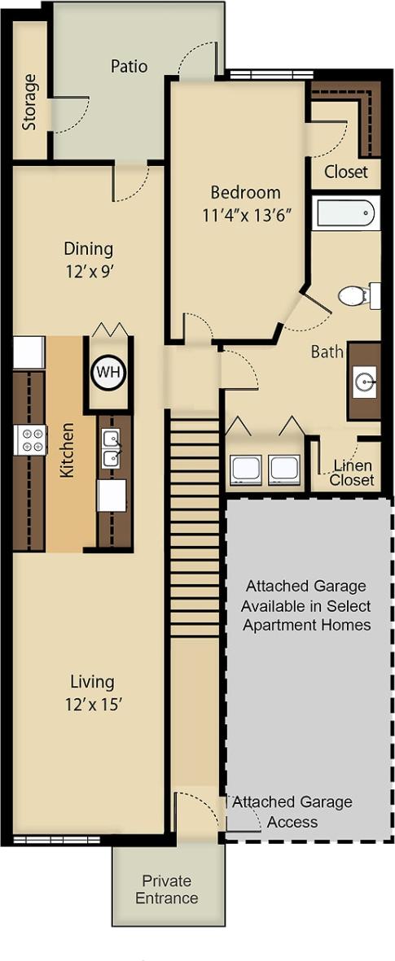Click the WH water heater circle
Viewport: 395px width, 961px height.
pyautogui.click(x=107, y=373)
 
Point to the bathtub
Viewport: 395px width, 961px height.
pyautogui.click(x=345, y=213)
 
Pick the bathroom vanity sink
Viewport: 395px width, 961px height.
pyautogui.click(x=364, y=381)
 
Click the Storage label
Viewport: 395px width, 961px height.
pyautogui.click(x=30, y=103)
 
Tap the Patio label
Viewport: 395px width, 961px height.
pyautogui.click(x=129, y=66)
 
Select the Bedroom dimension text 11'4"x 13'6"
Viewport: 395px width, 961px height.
pyautogui.click(x=245, y=216)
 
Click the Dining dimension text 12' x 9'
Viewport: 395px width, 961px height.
pyautogui.click(x=89, y=272)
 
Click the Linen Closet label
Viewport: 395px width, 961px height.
pyautogui.click(x=353, y=473)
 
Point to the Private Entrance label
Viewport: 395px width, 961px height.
pyautogui.click(x=167, y=889)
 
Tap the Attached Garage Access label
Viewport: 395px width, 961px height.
pyautogui.click(x=292, y=811)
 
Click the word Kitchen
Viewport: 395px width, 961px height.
pyautogui.click(x=68, y=449)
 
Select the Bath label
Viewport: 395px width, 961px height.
pyautogui.click(x=327, y=352)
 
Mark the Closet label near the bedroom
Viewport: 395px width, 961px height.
pyautogui.click(x=346, y=172)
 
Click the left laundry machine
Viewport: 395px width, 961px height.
pyautogui.click(x=246, y=470)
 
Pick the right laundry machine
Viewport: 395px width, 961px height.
pyautogui.click(x=283, y=470)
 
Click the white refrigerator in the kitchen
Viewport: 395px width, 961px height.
pyautogui.click(x=29, y=352)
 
